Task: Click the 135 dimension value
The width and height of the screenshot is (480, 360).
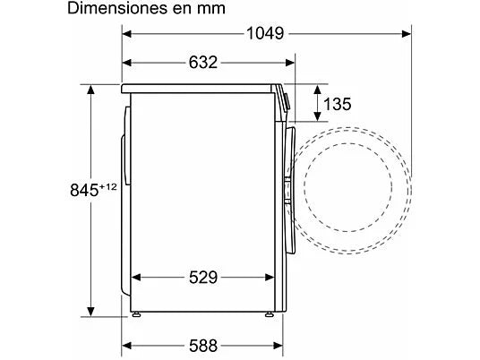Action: [339, 104]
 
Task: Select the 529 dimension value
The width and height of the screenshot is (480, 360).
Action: [203, 277]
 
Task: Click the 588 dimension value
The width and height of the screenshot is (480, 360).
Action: [203, 345]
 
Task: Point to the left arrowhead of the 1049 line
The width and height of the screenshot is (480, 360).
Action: [126, 34]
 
